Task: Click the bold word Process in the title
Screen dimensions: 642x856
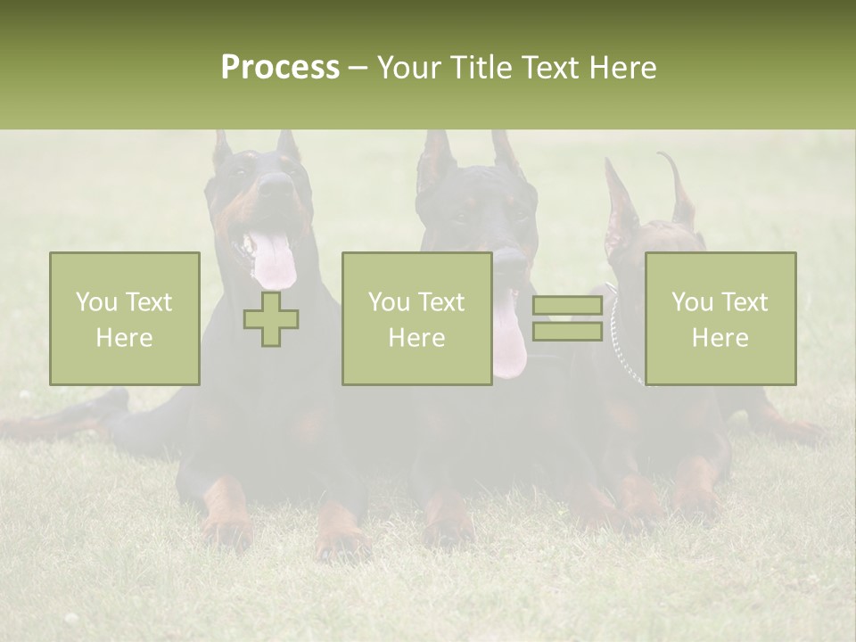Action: tap(280, 68)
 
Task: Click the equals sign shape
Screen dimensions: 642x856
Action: tap(567, 318)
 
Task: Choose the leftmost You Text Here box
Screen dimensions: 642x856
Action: tap(125, 318)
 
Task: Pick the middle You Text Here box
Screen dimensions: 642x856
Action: tap(417, 318)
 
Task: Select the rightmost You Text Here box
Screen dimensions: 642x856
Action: tap(720, 318)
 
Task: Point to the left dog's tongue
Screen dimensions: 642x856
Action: tap(273, 259)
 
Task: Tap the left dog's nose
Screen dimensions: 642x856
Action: tap(276, 185)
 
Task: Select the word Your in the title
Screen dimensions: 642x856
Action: tap(407, 68)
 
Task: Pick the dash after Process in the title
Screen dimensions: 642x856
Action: tap(358, 68)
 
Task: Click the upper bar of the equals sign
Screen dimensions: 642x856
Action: tap(567, 306)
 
